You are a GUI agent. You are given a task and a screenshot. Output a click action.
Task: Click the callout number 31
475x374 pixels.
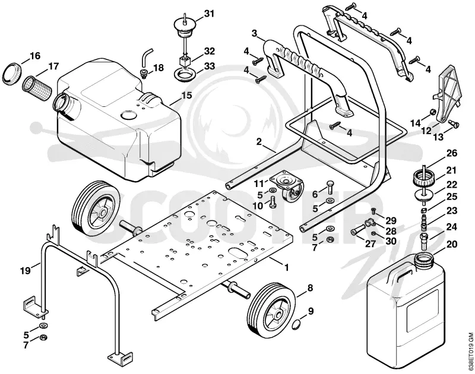pyautogui.click(x=209, y=14)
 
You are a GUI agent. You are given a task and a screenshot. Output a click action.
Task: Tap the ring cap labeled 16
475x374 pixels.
pyautogui.click(x=12, y=74)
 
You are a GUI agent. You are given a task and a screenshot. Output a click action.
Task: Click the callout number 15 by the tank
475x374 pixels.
pyautogui.click(x=186, y=96)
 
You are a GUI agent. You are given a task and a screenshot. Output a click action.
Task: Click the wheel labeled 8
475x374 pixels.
pyautogui.click(x=271, y=309)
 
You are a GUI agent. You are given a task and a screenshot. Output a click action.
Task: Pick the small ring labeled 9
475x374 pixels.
pyautogui.click(x=296, y=325)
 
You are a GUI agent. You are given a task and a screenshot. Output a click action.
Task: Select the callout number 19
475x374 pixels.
pyautogui.click(x=26, y=270)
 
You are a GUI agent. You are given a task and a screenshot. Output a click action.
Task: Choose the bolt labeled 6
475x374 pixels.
pyautogui.click(x=330, y=188)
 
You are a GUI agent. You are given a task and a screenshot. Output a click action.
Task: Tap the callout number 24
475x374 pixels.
pyautogui.click(x=452, y=227)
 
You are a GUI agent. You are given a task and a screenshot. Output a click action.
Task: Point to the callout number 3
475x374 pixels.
pyautogui.click(x=255, y=34)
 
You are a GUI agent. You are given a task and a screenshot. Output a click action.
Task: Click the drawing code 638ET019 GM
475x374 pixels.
pyautogui.click(x=470, y=353)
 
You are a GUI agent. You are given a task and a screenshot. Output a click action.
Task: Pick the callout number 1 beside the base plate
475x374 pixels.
pyautogui.click(x=286, y=267)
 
